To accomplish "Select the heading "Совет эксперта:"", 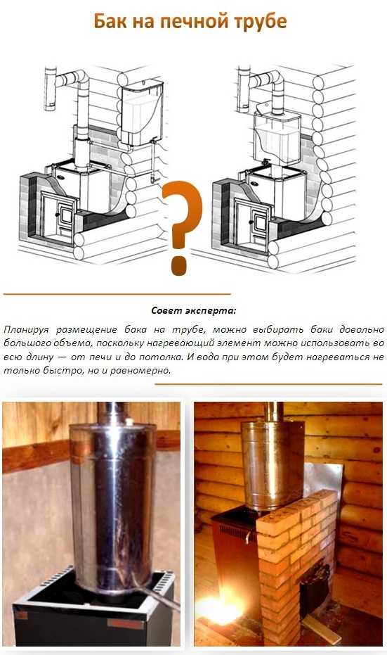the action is coord(194,311).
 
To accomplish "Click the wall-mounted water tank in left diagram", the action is coord(142,113).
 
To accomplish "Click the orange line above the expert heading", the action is coord(117,294).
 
